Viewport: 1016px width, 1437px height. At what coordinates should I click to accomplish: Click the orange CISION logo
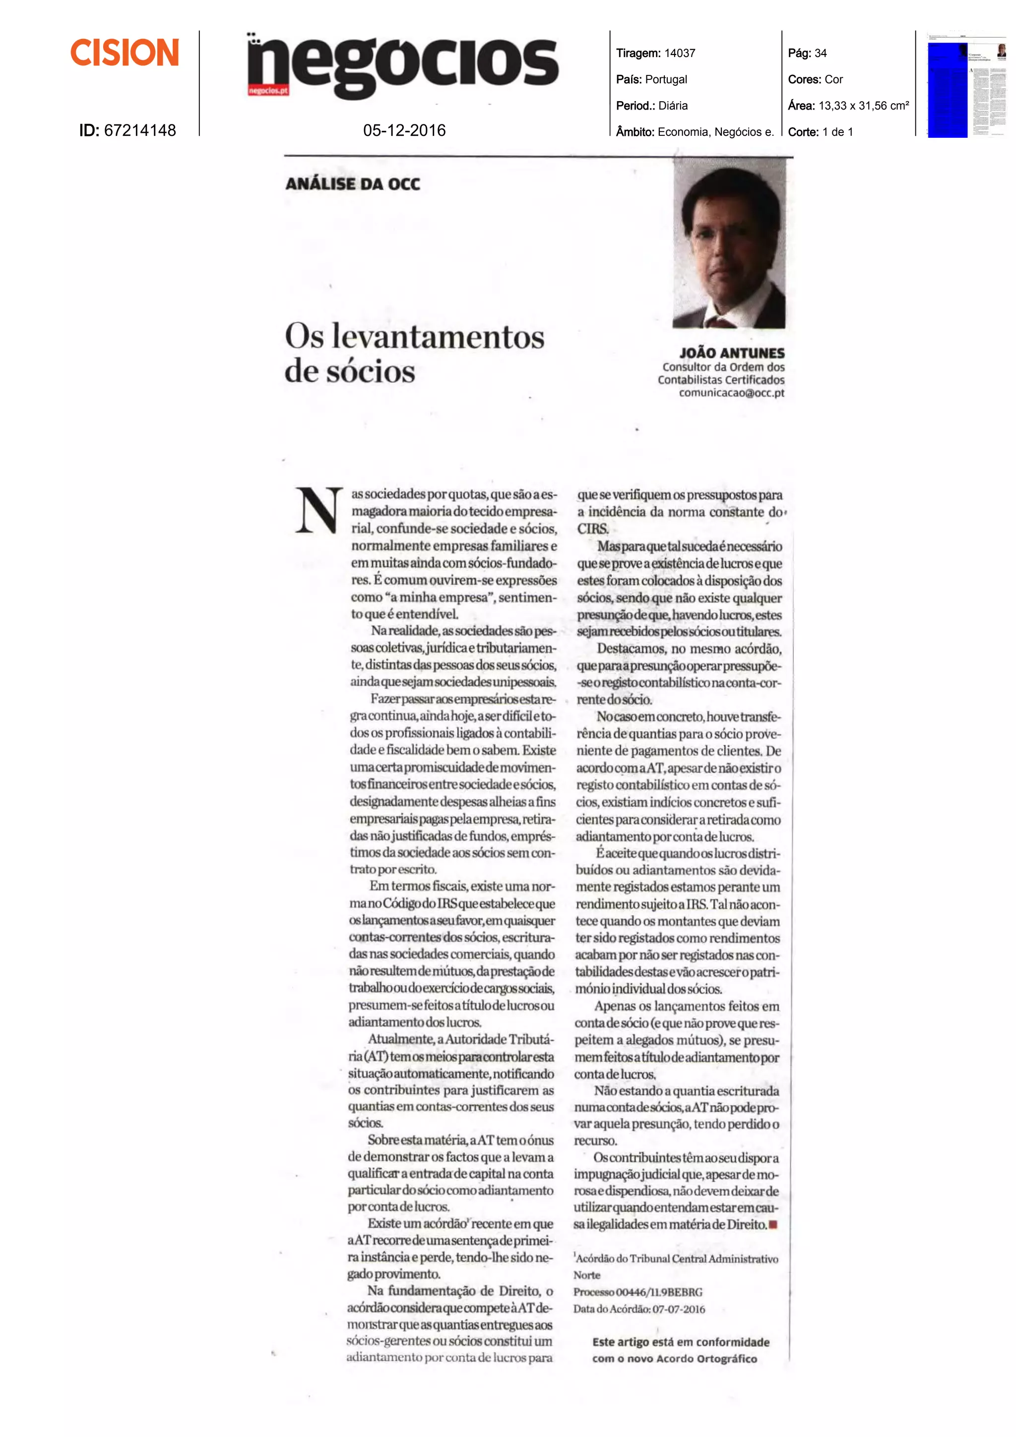(125, 53)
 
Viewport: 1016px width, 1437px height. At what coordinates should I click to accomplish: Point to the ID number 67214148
(139, 130)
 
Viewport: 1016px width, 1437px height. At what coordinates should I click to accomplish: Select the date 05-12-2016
(404, 130)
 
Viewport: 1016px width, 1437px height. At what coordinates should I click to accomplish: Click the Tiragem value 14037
(679, 53)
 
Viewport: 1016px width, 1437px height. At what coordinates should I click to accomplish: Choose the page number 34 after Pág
(820, 53)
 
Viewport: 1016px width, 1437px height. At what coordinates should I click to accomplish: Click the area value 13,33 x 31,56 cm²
(863, 106)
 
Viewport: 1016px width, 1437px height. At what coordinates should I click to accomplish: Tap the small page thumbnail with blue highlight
(966, 84)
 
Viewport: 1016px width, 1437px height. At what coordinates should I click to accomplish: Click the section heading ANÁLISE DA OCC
(352, 184)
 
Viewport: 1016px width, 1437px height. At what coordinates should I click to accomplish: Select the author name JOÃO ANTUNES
(732, 353)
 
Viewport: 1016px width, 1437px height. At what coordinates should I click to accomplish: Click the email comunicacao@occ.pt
(731, 393)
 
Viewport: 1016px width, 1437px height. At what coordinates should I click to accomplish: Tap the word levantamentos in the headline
(438, 337)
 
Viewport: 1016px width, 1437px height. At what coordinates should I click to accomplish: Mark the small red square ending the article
(773, 1224)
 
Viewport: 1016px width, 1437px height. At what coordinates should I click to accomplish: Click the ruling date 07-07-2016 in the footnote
(679, 1309)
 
